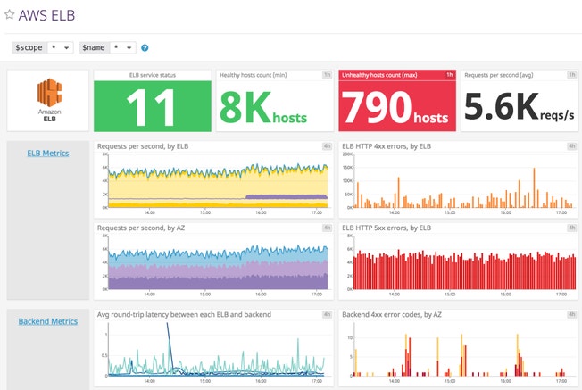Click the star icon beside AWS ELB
[x=10, y=15]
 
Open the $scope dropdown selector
[x=43, y=47]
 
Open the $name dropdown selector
[x=108, y=47]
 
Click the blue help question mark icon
[x=145, y=47]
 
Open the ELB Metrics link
[x=48, y=153]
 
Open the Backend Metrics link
[x=48, y=321]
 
